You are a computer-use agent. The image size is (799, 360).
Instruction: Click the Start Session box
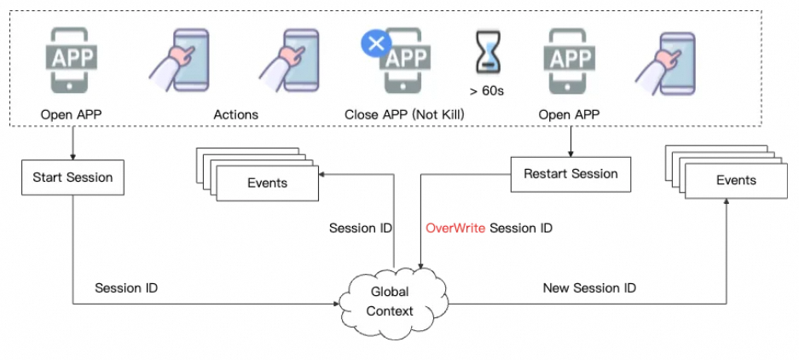click(72, 178)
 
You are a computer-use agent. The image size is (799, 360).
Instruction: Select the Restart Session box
click(570, 174)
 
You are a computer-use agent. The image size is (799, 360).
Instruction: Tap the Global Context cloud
click(390, 301)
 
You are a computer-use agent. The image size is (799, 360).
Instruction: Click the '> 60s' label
click(488, 90)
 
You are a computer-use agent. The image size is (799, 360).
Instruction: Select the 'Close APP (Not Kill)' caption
click(404, 113)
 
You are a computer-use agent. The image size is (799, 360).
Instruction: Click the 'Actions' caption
click(235, 113)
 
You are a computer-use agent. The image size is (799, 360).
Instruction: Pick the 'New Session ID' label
click(589, 288)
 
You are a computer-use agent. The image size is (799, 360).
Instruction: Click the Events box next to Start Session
click(267, 183)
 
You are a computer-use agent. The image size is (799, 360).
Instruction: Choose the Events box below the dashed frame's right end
click(736, 180)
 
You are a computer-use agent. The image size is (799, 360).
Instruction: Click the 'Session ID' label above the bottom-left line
click(126, 288)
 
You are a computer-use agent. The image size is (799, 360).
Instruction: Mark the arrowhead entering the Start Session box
click(72, 158)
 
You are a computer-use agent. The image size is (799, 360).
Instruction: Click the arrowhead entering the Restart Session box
click(570, 154)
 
